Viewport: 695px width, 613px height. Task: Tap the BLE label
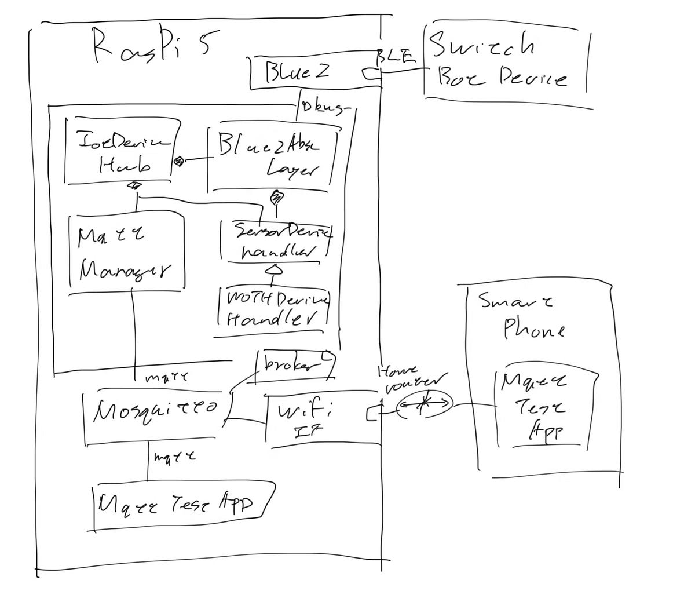(396, 57)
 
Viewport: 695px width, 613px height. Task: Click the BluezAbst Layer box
(270, 159)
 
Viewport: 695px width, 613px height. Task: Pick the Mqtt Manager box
(126, 253)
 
